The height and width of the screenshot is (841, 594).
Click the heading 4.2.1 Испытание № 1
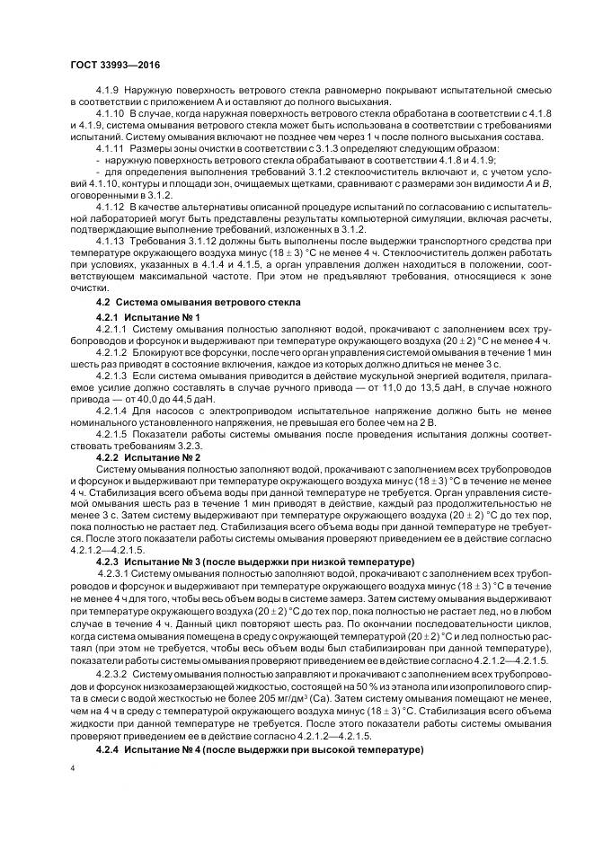135,318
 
